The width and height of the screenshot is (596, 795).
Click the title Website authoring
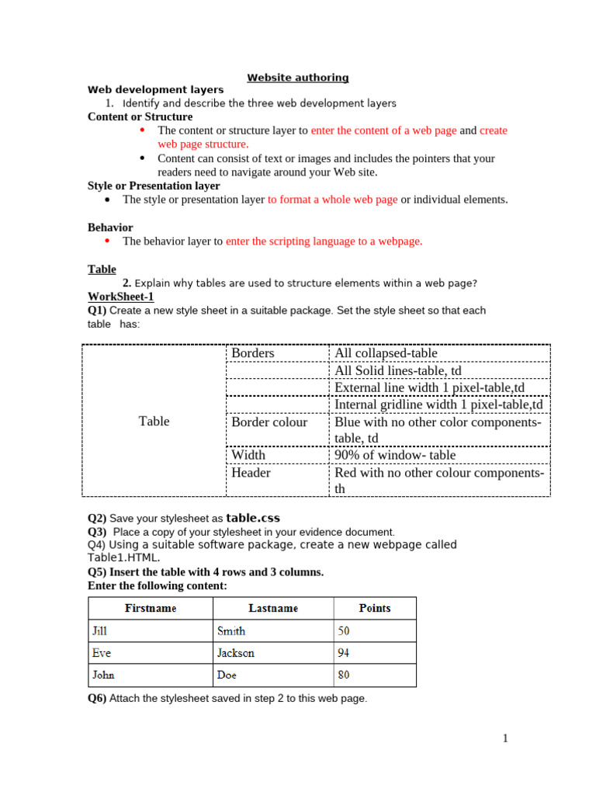click(298, 78)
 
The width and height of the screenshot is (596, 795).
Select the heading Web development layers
click(155, 90)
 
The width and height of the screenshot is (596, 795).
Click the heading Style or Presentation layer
click(154, 186)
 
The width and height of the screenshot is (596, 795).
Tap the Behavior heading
click(110, 227)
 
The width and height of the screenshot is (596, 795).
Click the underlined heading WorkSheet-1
click(121, 297)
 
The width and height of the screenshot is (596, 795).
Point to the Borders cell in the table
click(253, 353)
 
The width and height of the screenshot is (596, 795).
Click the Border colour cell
click(269, 422)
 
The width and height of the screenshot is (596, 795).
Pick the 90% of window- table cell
click(395, 455)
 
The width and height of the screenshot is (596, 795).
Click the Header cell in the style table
click(251, 472)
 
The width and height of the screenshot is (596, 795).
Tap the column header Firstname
click(151, 608)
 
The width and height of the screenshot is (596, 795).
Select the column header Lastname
click(272, 608)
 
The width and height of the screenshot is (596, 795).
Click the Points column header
click(375, 608)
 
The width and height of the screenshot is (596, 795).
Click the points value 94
click(343, 653)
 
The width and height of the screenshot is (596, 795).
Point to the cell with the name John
click(103, 675)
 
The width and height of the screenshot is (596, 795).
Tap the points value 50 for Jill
click(343, 631)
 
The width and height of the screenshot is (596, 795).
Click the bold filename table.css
click(253, 518)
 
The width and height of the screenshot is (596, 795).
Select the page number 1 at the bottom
click(505, 738)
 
